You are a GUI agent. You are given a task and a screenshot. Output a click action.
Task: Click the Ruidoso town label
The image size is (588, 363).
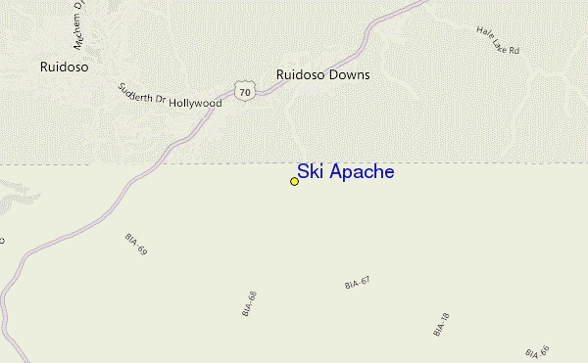click(66, 68)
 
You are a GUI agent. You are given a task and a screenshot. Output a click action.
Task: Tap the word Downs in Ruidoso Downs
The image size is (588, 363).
click(349, 74)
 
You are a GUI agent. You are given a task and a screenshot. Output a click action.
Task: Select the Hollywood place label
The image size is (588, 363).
click(196, 103)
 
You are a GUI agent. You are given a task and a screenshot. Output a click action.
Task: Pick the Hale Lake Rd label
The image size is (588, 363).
click(498, 45)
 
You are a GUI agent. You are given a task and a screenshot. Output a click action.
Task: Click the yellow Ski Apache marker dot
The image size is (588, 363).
click(294, 181)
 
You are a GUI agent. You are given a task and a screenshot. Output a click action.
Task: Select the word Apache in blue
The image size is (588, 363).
click(360, 172)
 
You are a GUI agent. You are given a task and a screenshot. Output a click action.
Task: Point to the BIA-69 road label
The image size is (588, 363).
click(136, 245)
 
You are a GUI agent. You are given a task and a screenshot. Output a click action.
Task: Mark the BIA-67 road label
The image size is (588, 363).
click(358, 282)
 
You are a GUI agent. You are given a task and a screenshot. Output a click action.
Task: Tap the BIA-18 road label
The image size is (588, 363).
click(441, 325)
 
